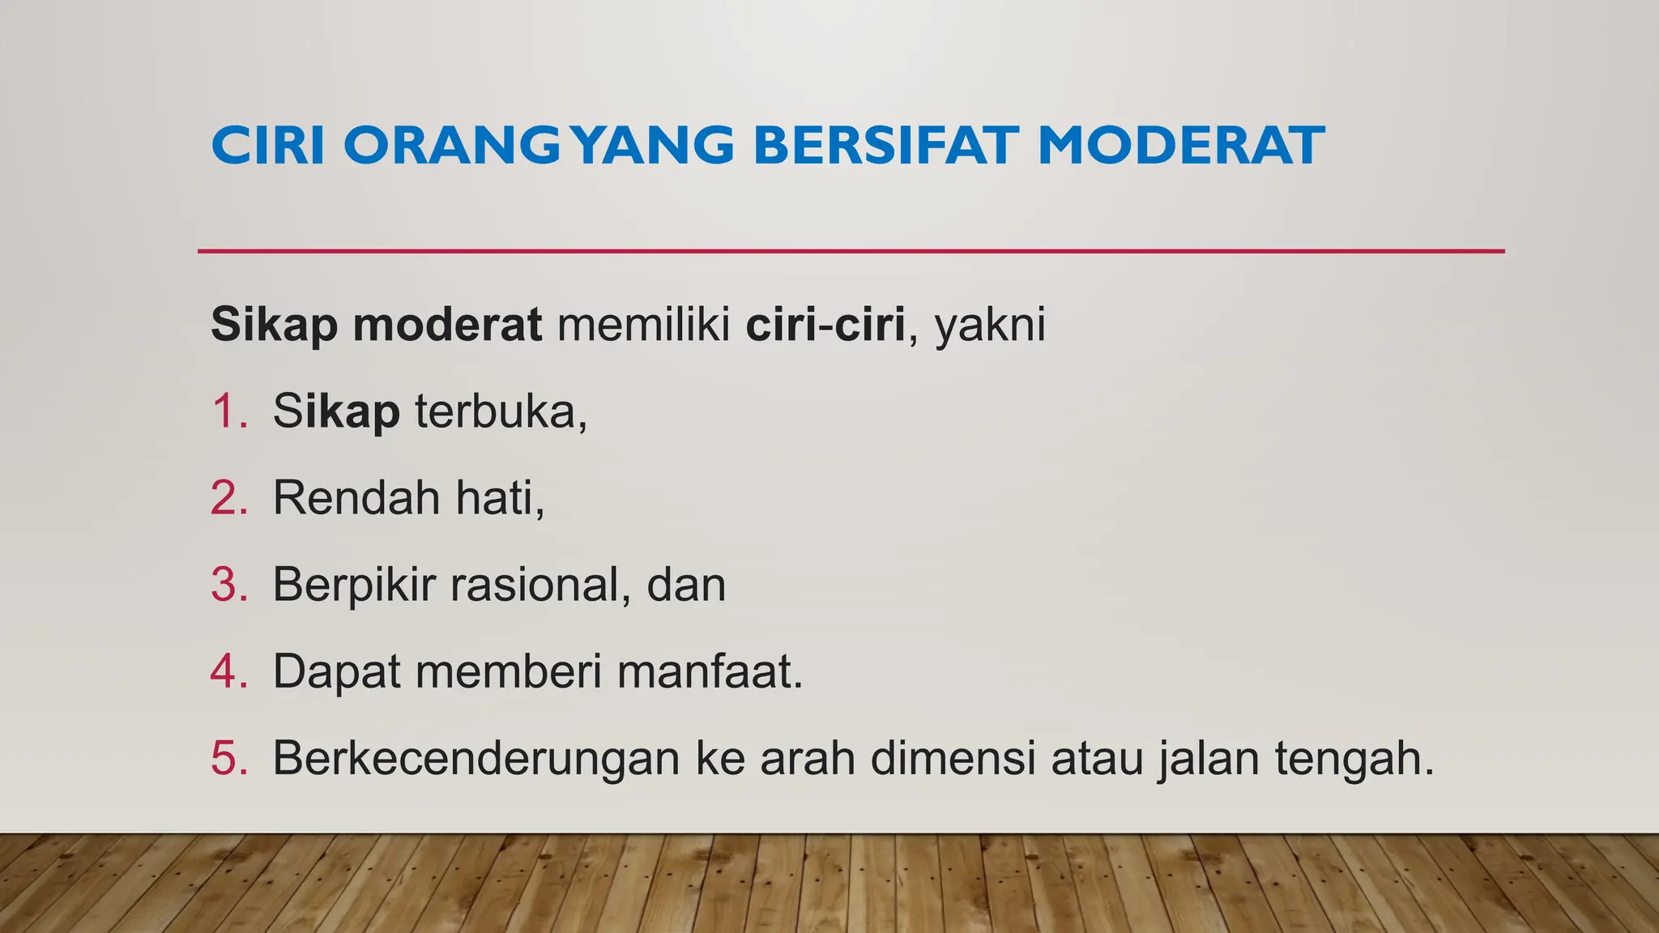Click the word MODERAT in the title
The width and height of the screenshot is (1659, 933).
click(x=1180, y=146)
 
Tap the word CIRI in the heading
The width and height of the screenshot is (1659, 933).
click(x=268, y=146)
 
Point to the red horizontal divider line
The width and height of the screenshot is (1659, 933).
click(x=851, y=251)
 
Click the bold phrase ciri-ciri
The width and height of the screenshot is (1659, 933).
click(x=825, y=325)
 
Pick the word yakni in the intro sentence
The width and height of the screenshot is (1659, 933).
click(x=990, y=325)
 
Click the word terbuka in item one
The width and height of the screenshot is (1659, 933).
click(x=500, y=411)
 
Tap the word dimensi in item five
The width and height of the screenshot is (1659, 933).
click(x=953, y=758)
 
